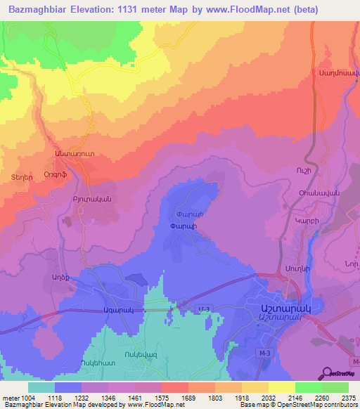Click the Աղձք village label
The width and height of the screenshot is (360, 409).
point(62,278)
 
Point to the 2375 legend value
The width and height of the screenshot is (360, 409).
point(346,398)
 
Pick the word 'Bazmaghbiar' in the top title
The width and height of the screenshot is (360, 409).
point(41,10)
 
